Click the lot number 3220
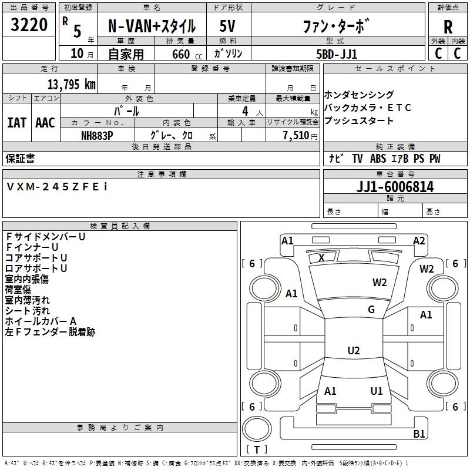click(x=29, y=26)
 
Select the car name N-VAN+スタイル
click(x=151, y=26)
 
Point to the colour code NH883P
click(x=97, y=135)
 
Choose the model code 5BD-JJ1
click(x=336, y=53)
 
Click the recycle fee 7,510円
click(x=298, y=135)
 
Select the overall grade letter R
click(x=448, y=27)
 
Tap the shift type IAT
click(x=17, y=123)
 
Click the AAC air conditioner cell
click(x=45, y=123)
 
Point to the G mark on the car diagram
click(x=371, y=310)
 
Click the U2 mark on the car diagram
click(x=353, y=351)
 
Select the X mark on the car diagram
click(x=321, y=257)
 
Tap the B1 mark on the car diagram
click(x=419, y=434)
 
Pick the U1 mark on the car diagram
click(x=377, y=391)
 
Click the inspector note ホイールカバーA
click(x=41, y=321)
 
